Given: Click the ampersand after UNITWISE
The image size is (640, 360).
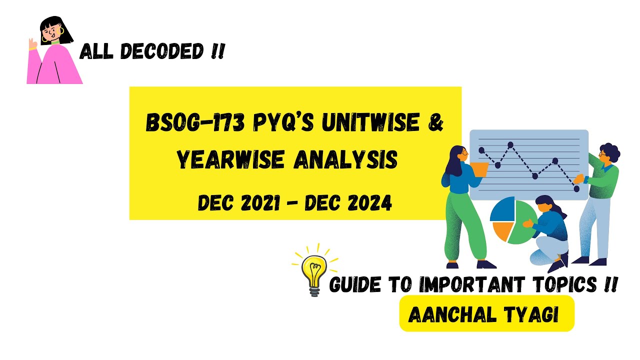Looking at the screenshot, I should pos(436,123).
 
